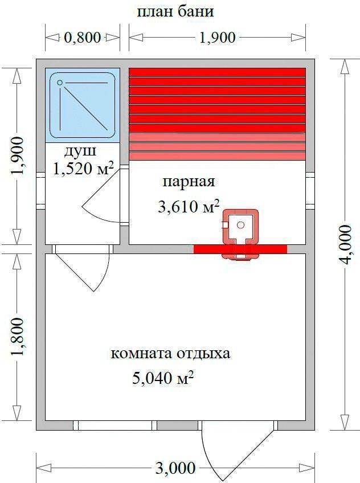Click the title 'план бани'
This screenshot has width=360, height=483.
click(175, 12)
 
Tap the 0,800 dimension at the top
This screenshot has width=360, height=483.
click(82, 38)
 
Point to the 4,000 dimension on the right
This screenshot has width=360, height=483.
click(344, 244)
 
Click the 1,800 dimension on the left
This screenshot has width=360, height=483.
click(17, 337)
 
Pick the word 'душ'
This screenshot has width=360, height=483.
click(80, 152)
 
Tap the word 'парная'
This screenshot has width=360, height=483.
click(189, 182)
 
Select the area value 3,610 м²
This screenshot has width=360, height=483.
click(189, 206)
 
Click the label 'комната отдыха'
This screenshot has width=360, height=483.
click(170, 354)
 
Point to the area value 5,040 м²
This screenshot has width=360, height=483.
click(163, 377)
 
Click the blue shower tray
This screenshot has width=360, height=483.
click(83, 105)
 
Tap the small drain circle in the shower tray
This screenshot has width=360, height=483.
click(60, 83)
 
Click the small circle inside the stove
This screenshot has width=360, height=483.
click(241, 225)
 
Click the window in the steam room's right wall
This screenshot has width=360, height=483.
click(310, 191)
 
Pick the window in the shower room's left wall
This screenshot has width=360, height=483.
click(40, 191)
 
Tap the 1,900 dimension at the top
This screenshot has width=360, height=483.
click(218, 38)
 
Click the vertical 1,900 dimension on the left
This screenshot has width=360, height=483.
click(17, 156)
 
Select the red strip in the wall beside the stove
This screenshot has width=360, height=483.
click(240, 249)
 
